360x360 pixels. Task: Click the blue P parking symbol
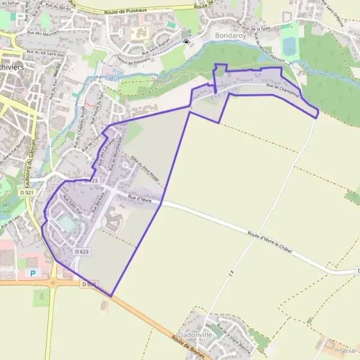33,273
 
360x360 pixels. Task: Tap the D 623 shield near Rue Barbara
82,252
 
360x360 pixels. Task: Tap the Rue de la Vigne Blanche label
233,337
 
